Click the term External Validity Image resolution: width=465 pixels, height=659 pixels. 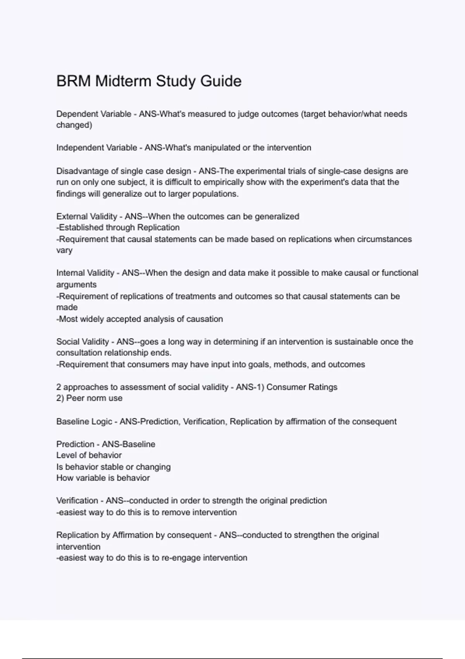pos(86,216)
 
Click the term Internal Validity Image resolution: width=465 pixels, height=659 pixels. pos(85,273)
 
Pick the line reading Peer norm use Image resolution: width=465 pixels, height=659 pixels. pos(89,398)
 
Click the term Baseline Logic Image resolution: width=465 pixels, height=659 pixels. pos(84,421)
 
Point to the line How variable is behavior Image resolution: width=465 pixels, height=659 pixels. pos(103,478)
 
